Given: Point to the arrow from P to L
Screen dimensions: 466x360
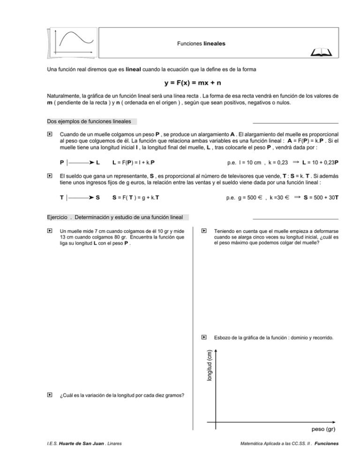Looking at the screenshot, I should click(x=81, y=163).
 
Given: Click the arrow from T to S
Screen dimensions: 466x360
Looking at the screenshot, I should click(x=81, y=197).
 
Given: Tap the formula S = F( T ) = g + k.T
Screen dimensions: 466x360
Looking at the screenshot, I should click(x=135, y=197).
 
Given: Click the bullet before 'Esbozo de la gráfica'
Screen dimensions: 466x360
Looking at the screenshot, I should click(x=204, y=337).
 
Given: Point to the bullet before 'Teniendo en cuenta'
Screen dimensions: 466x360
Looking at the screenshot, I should click(x=204, y=231).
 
